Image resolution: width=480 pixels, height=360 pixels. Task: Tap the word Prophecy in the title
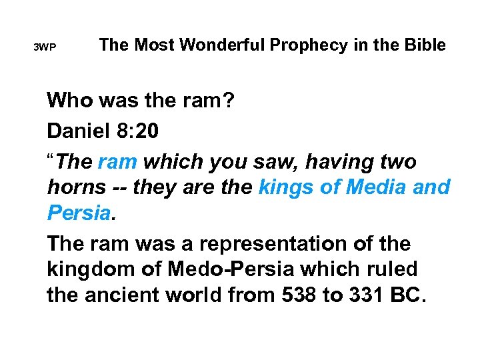point(311,45)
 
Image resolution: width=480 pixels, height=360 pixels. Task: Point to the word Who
point(68,101)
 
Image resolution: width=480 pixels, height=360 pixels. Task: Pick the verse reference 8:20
point(138,131)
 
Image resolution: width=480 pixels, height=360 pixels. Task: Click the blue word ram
point(118,162)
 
